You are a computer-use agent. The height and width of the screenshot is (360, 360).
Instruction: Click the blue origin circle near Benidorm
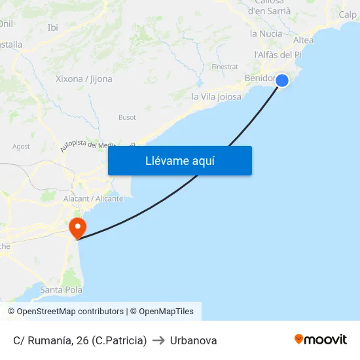tap(282, 81)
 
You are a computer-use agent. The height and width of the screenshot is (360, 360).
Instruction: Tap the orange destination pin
tap(77, 228)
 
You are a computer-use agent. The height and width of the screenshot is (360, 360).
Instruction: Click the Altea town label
tap(303, 40)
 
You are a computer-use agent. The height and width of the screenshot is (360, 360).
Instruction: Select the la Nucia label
tap(266, 33)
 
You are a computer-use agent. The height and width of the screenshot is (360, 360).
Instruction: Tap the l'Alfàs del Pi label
tap(277, 55)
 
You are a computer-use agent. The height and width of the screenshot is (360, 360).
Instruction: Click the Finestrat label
tap(225, 67)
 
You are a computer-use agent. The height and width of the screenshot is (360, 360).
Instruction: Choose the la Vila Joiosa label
tap(216, 96)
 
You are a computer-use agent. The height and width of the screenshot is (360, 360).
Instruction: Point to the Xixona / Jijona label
tap(84, 79)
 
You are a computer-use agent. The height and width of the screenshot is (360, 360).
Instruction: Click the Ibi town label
tap(53, 27)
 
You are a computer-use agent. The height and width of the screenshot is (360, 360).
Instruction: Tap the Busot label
tap(127, 117)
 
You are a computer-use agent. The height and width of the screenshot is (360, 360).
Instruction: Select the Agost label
tap(21, 147)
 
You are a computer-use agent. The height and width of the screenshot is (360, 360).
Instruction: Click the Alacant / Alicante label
tap(93, 198)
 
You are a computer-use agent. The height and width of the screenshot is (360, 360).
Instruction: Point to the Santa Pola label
tap(60, 289)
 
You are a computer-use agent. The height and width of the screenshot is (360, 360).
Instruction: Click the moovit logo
tap(320, 339)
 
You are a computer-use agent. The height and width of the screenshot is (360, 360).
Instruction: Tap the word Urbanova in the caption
tap(193, 340)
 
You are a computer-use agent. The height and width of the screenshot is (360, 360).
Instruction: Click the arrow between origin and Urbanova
tap(158, 340)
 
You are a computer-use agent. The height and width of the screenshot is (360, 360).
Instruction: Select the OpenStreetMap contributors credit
tap(66, 312)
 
